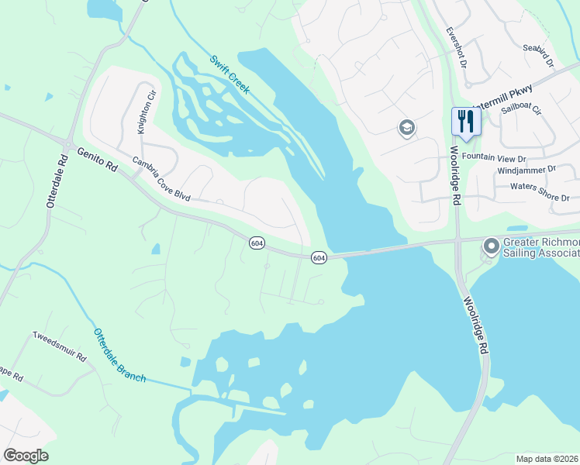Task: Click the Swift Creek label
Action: (x=230, y=74)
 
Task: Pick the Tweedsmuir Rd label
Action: (x=59, y=346)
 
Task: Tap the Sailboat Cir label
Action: (x=521, y=110)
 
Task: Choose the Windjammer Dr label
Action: (x=526, y=168)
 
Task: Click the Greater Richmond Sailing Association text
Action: (x=540, y=246)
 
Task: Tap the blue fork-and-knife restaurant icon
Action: (x=466, y=121)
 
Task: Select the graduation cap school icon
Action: (x=407, y=128)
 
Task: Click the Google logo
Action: (x=26, y=456)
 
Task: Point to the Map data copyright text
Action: (x=547, y=458)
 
